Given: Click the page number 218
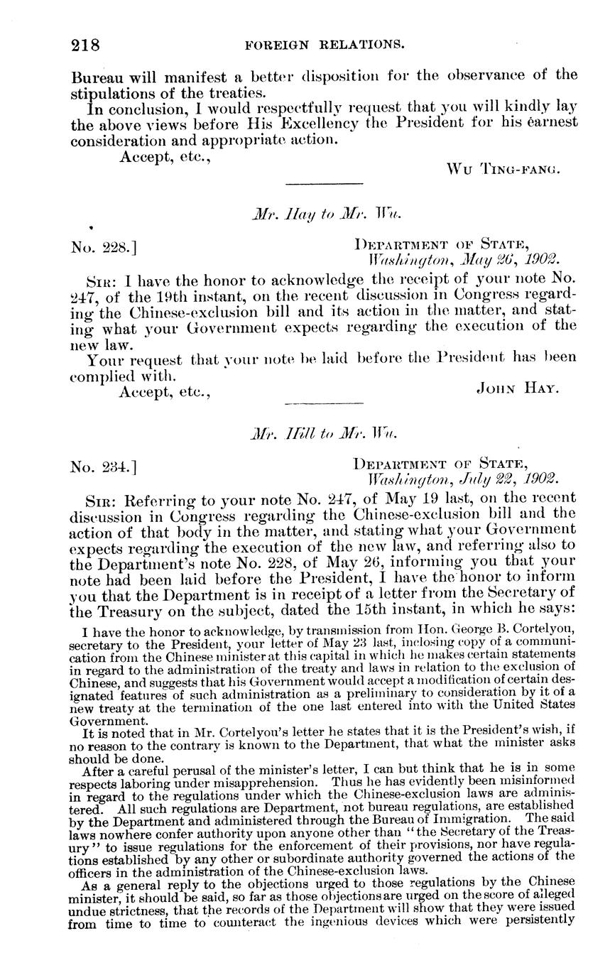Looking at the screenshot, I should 85,45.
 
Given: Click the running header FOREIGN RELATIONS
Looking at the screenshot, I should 325,45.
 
